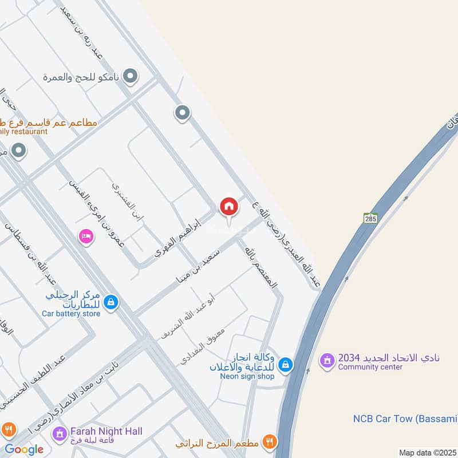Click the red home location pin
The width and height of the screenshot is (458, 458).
[x=229, y=207]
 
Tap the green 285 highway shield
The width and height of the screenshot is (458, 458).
[x=370, y=218]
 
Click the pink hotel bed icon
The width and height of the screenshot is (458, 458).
[x=86, y=236]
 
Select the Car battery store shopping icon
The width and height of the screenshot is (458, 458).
[x=112, y=302]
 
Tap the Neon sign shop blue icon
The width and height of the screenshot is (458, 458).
[x=286, y=364]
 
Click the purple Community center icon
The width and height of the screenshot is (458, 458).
[x=327, y=361]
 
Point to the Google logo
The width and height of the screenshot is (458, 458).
[x=23, y=449]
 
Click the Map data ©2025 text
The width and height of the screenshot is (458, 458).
[x=427, y=452]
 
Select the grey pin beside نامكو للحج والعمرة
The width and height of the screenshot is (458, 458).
[x=131, y=76]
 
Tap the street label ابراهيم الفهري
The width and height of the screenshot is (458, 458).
[x=178, y=238]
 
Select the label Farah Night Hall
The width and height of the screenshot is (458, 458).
[x=106, y=431]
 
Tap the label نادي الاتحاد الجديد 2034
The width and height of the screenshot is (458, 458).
[x=389, y=357]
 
